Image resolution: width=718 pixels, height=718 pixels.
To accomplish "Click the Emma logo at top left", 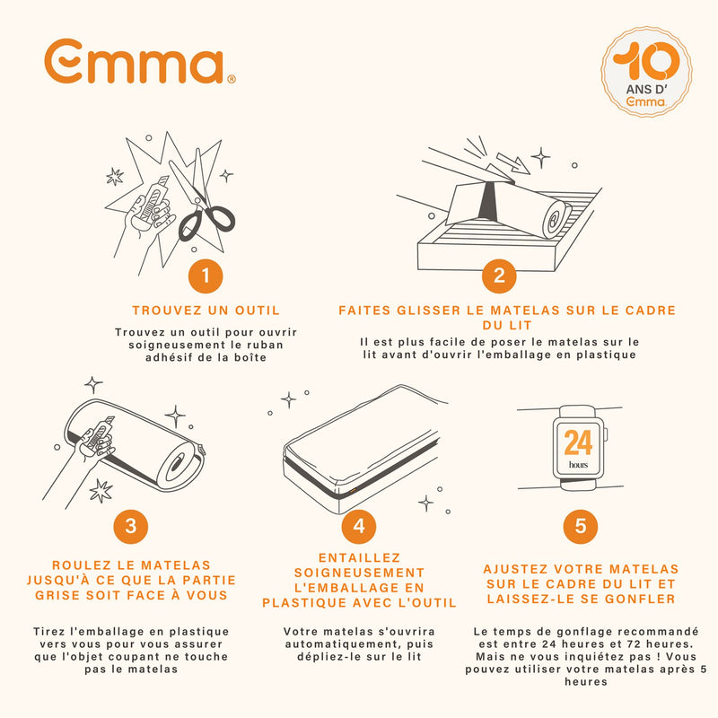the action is (140, 61).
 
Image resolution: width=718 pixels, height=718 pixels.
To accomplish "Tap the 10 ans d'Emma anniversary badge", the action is (646, 72).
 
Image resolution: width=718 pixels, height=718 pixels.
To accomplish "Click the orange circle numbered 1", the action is (206, 276).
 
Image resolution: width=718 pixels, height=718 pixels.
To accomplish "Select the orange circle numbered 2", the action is (499, 276).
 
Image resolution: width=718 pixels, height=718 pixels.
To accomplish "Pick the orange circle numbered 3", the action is (131, 526).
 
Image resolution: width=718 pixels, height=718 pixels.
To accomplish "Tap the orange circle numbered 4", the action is (359, 526).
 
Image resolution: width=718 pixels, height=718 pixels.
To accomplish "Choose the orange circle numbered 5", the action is (581, 526).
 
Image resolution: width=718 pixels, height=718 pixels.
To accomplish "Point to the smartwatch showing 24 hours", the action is (579, 448).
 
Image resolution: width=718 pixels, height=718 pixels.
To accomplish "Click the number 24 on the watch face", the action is (578, 442).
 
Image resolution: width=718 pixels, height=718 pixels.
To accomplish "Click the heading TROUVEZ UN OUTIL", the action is (206, 311).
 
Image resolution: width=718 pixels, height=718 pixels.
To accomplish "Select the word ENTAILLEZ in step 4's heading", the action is (360, 557).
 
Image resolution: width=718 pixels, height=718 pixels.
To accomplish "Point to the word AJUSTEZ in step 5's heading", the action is (514, 569).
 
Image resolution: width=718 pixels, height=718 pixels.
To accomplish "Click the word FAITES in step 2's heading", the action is (364, 311).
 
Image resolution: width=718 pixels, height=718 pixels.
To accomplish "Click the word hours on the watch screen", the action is (578, 465).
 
